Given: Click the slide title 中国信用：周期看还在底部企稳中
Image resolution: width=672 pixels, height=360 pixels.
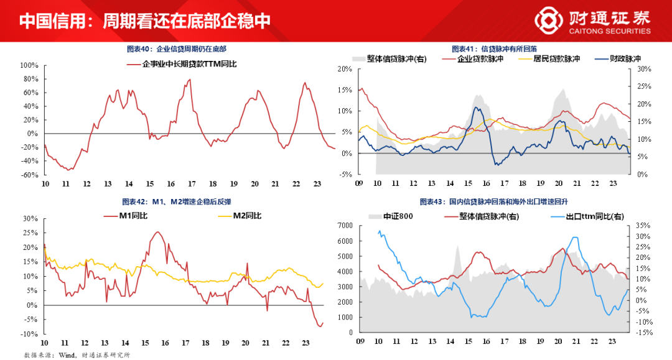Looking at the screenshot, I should (x=144, y=21).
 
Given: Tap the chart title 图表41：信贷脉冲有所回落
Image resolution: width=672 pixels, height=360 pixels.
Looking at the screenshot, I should (x=494, y=48).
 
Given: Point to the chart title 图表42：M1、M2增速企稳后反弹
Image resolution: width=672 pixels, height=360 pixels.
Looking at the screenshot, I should (x=177, y=202).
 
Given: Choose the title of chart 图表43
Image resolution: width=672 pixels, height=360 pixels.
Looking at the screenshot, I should (x=494, y=202).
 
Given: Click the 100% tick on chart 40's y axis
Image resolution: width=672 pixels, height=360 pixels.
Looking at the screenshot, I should (x=30, y=65).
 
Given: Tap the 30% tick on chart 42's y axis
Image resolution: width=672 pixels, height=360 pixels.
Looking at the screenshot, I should (x=30, y=219).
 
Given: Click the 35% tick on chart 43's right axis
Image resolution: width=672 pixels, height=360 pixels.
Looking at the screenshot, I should (x=643, y=225).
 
